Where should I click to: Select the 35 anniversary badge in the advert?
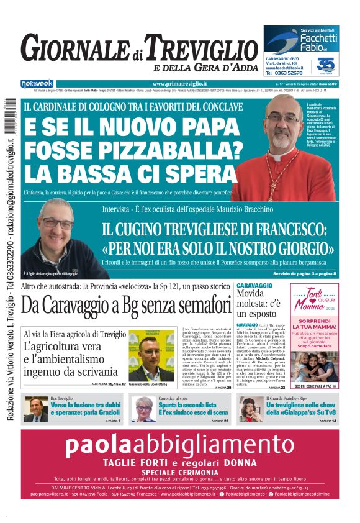click(x=325, y=65)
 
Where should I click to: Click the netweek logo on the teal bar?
click(x=37, y=84)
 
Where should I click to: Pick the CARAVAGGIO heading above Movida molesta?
click(x=254, y=284)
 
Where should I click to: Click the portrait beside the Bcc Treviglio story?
click(x=36, y=408)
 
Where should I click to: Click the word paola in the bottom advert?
click(x=110, y=445)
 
